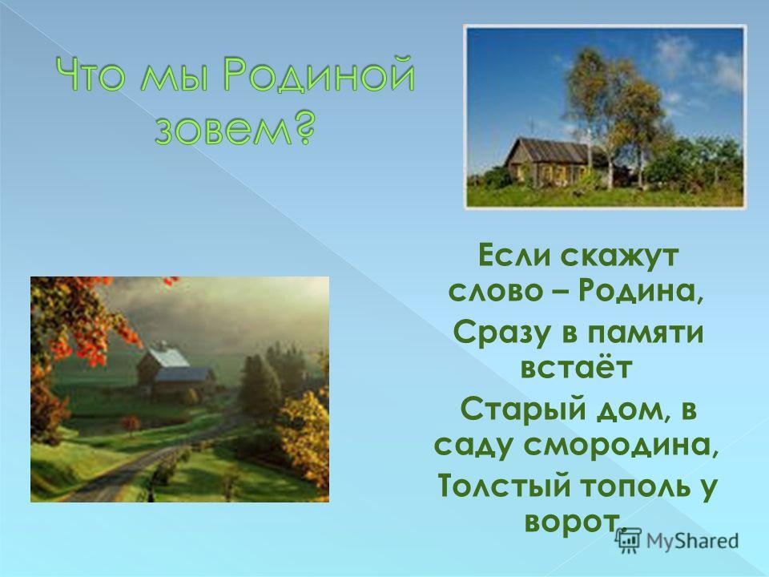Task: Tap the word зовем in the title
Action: coord(219,128)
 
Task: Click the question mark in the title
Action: coord(298,127)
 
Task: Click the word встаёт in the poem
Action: coord(576,368)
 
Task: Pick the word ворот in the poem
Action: coord(570,521)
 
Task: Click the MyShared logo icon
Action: coord(628,540)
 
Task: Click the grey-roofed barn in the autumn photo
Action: coord(174,369)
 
